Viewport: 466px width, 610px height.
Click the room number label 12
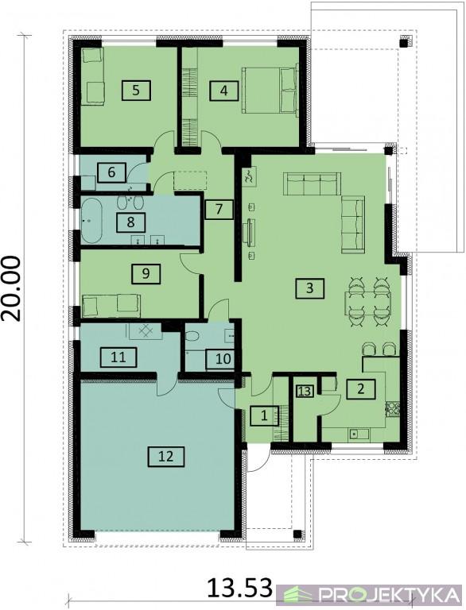click(165, 456)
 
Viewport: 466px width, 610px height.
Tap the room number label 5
click(136, 91)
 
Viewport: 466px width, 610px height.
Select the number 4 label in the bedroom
click(223, 91)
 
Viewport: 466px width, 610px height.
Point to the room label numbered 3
click(309, 288)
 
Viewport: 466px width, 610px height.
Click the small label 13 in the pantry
click(305, 391)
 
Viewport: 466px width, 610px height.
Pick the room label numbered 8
click(130, 222)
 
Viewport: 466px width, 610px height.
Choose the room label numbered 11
click(118, 357)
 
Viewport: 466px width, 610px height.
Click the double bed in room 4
click(270, 91)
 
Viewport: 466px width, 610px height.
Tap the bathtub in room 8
click(91, 221)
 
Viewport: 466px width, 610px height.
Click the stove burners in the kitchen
click(392, 409)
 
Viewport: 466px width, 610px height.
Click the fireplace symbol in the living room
click(249, 176)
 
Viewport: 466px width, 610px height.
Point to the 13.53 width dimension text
click(239, 587)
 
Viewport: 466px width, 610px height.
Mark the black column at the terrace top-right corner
click(406, 42)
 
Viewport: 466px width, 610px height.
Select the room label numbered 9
click(146, 273)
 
